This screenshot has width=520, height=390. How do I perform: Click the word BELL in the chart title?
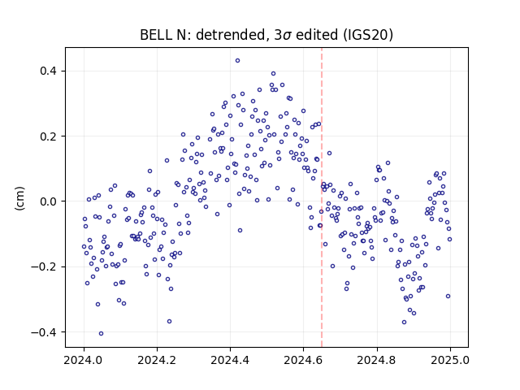pos(154,35)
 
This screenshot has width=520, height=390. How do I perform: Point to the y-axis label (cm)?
pos(19,198)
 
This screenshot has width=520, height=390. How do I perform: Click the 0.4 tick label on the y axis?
pos(49,71)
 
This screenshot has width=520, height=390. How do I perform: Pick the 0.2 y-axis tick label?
pos(49,136)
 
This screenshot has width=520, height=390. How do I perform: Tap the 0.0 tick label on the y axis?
pos(49,201)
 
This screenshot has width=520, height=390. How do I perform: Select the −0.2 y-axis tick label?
pos(44,267)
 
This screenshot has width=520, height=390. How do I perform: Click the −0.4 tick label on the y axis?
pos(44,332)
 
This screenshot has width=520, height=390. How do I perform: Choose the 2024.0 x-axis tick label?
pos(84,360)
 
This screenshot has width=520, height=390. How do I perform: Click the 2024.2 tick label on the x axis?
pos(157,360)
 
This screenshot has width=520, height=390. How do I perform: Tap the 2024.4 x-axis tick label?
pos(230,360)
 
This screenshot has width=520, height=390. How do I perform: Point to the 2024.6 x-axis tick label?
pos(303,360)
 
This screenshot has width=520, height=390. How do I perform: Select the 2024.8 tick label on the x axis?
pos(377,360)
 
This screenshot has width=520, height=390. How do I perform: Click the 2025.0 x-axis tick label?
pos(450,360)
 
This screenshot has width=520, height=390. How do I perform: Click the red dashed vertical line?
pos(322,197)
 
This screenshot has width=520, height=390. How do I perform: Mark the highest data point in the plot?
pos(237,61)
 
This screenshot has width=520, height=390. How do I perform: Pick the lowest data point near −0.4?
pos(101,334)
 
